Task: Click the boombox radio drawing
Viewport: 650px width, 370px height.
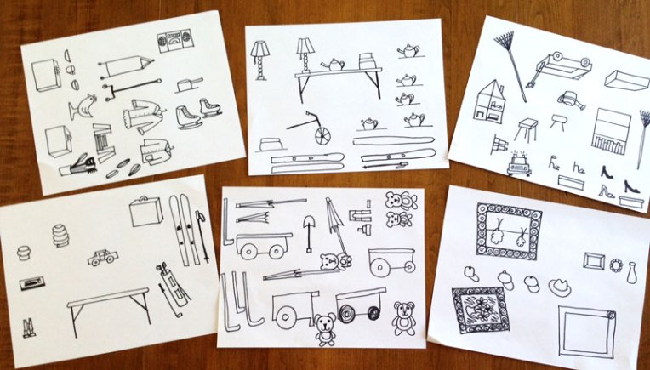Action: tap(174, 43)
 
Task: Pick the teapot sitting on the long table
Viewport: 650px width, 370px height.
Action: tap(332, 65)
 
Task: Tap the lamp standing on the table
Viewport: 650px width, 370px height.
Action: tap(305, 56)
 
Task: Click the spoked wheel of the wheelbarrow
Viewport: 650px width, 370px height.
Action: tap(323, 136)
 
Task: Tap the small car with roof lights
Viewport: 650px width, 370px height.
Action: tap(518, 164)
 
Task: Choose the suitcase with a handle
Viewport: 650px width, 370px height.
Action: tap(145, 211)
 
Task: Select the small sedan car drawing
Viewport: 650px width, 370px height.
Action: tap(102, 257)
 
